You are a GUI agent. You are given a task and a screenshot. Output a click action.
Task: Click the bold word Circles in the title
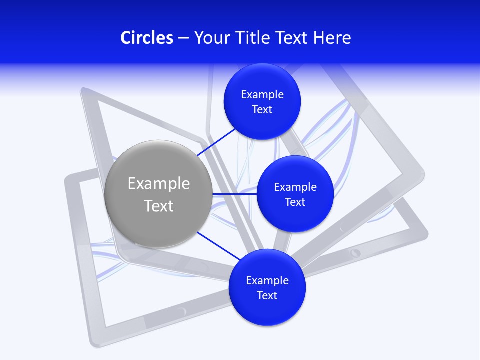point(146,38)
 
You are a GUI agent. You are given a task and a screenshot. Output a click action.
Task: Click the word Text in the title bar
point(292,38)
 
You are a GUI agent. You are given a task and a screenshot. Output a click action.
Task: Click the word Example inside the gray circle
point(159,184)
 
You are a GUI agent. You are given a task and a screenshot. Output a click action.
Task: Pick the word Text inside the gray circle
point(159,206)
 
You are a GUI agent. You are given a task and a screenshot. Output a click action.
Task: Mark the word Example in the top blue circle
point(262,94)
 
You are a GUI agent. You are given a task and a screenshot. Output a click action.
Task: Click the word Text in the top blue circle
point(262,109)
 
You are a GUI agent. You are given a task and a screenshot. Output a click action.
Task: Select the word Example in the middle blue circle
point(295,187)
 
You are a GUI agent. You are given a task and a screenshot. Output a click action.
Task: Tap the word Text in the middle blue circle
point(295,202)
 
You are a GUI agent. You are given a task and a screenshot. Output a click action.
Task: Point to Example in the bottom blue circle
point(267,280)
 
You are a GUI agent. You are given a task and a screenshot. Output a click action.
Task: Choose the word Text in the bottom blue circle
point(267,295)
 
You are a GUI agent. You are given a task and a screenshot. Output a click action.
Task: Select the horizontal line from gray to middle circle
point(235,194)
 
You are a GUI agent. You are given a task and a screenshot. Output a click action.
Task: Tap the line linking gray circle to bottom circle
point(218,246)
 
